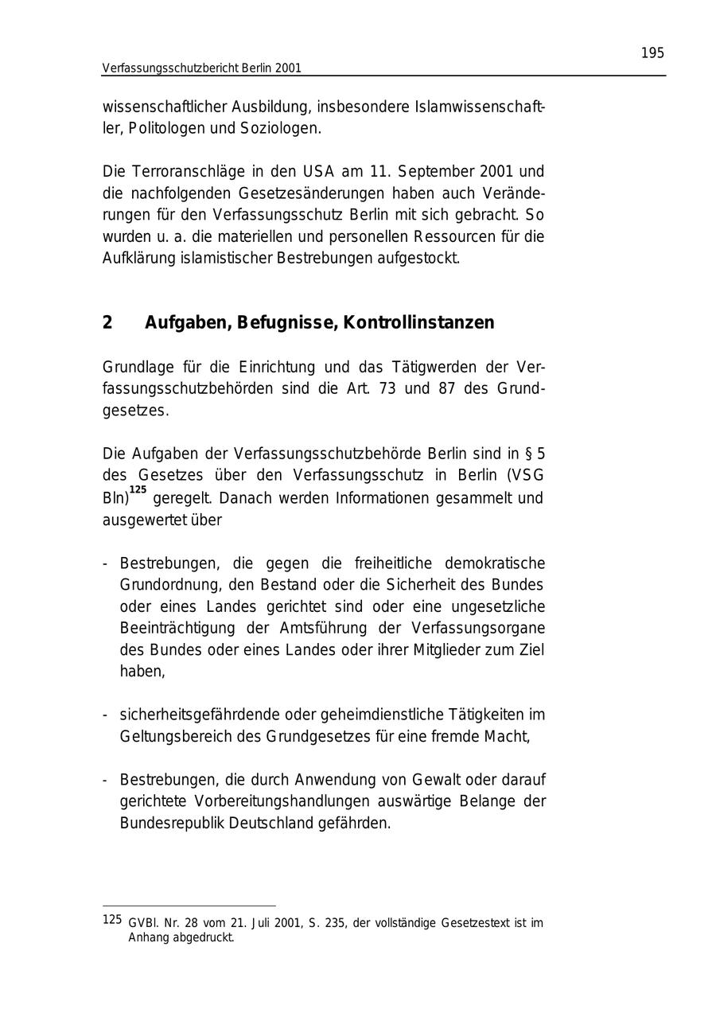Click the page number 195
(x=652, y=53)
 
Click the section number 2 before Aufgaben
(x=107, y=323)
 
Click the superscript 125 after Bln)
(x=138, y=490)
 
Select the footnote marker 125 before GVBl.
(x=112, y=920)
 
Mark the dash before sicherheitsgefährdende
(x=105, y=715)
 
